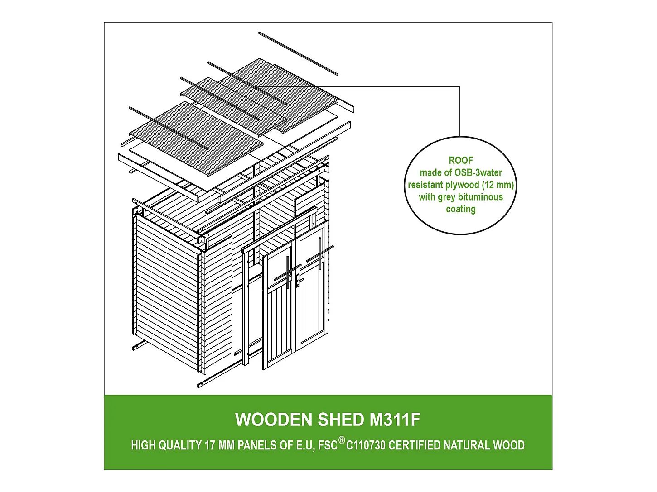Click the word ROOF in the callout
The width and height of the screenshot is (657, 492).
tap(460, 160)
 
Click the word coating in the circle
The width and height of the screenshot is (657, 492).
tap(460, 209)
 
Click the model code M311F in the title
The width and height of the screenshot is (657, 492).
tap(395, 420)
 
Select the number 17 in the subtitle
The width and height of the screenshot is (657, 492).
tap(210, 445)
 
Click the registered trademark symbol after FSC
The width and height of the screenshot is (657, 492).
tap(342, 440)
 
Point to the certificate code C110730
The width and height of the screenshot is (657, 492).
tap(366, 445)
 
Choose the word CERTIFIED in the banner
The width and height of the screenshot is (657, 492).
tap(414, 445)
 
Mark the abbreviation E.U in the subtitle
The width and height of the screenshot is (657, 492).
tap(304, 445)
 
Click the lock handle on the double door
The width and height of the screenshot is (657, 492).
tap(297, 281)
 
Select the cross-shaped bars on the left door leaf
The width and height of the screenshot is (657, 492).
tap(287, 272)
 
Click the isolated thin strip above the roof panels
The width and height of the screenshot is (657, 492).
tap(298, 53)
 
